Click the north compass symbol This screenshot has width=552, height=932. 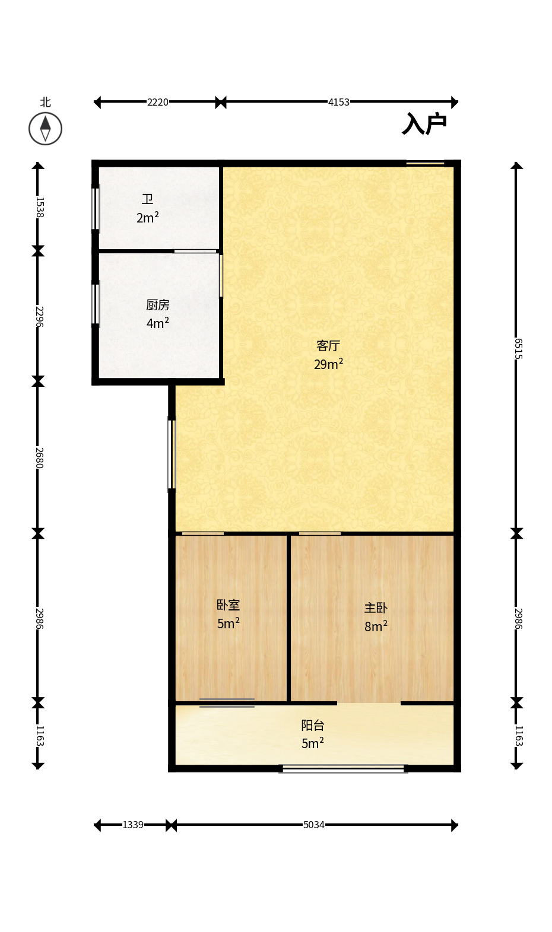pos(45,129)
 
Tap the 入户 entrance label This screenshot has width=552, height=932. pos(424,123)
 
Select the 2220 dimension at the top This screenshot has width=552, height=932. pos(158,103)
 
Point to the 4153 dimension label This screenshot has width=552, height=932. pos(338,103)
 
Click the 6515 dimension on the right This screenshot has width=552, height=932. pos(518,349)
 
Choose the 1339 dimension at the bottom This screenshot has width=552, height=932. pos(133,825)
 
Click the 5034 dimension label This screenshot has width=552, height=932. pos(313,825)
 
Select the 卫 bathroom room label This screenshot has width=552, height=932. pos(147,199)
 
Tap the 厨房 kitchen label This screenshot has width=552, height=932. pos(158,305)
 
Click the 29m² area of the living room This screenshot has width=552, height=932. pos(328,364)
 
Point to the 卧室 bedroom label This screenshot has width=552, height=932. pos(228,605)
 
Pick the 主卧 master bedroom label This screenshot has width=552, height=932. pos(376,608)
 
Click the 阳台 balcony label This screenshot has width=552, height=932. pos(313,726)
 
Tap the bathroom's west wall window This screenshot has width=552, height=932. pos(96,208)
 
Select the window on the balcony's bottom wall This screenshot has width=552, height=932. pos(343,768)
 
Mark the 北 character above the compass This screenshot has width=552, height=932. pos(45,103)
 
